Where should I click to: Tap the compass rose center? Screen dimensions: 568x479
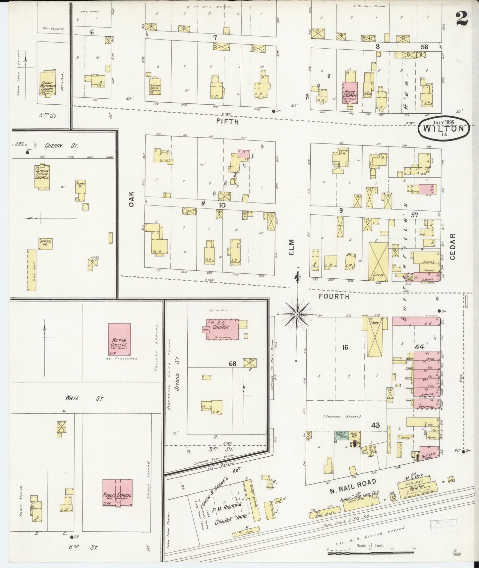click(x=297, y=313)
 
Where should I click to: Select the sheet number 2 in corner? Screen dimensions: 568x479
click(x=461, y=18)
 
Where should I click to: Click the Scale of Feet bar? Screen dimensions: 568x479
click(x=371, y=553)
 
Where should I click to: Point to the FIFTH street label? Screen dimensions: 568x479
click(x=227, y=122)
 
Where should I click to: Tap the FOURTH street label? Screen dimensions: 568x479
click(x=334, y=297)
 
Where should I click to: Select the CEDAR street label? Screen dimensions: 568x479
click(x=453, y=246)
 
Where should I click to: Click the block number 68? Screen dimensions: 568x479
click(x=232, y=364)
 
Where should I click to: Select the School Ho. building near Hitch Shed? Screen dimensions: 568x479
click(x=45, y=244)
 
